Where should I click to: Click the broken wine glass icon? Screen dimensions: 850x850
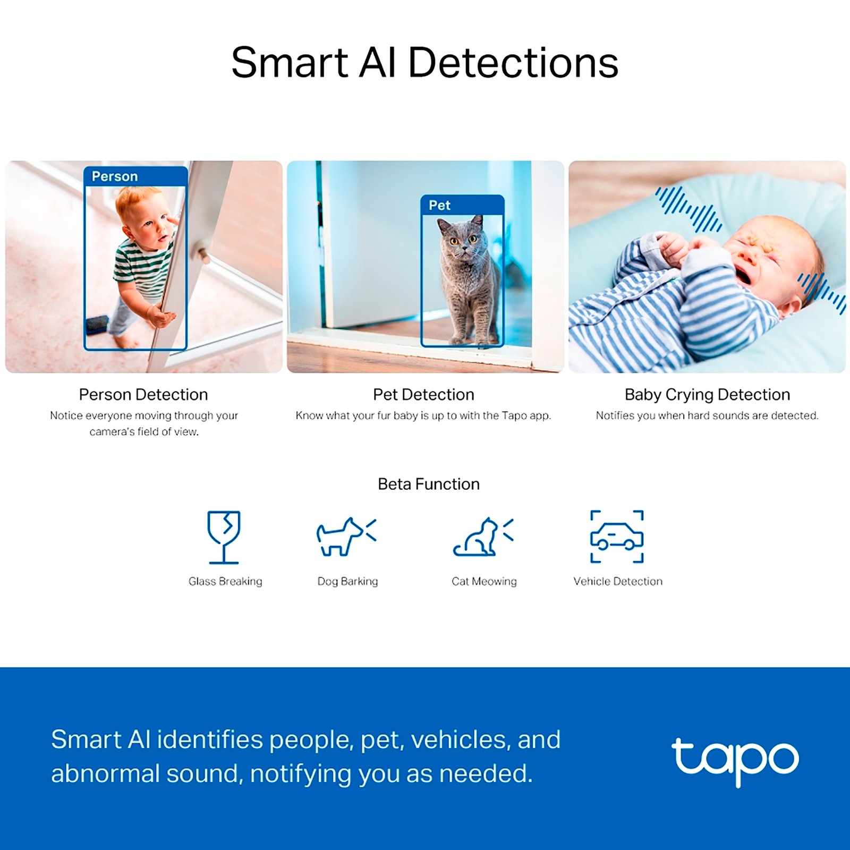tap(224, 537)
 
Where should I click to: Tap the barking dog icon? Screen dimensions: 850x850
tap(346, 537)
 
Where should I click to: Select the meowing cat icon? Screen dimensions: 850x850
tap(483, 537)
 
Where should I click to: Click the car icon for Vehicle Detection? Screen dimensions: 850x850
tap(617, 537)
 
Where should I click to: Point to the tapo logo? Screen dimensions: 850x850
tap(735, 759)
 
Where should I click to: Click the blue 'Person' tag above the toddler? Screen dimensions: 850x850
tap(135, 176)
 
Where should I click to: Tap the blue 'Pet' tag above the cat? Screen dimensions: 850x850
tap(462, 205)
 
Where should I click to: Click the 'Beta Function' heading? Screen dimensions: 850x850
tap(429, 484)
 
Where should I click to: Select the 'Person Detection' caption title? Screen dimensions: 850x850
tap(143, 395)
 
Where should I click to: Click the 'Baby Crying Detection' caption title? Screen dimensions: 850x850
tap(707, 395)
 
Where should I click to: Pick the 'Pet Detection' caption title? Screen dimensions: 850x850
tap(423, 395)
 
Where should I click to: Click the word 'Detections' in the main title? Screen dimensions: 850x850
tap(513, 63)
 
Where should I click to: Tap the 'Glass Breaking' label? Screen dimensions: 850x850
tap(225, 581)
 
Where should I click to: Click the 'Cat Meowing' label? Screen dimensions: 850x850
tap(484, 581)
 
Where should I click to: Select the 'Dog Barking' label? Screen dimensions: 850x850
tap(347, 581)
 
